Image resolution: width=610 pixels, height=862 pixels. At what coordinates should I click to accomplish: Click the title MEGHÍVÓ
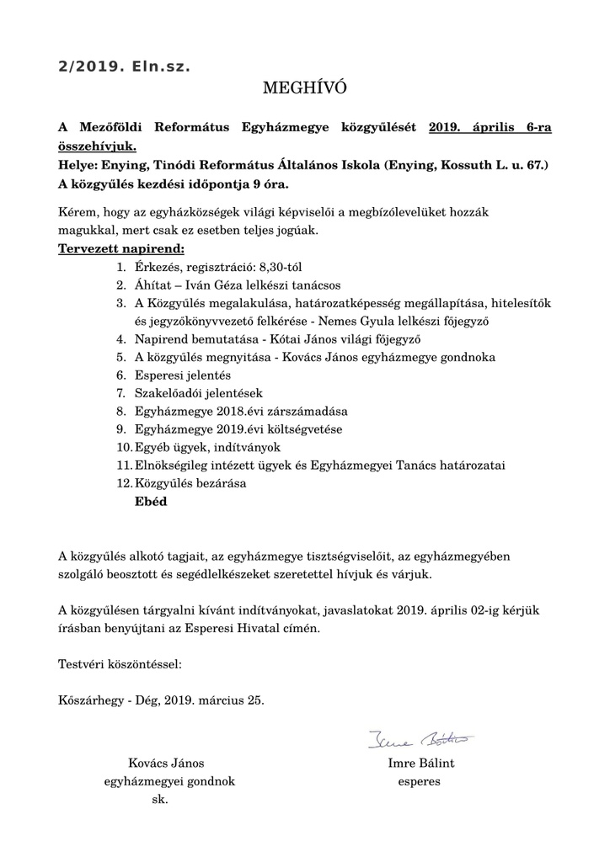click(305, 88)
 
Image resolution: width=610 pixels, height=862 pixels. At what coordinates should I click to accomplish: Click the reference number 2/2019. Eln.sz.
click(124, 66)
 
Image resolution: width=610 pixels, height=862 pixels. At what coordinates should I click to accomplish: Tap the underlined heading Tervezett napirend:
click(120, 248)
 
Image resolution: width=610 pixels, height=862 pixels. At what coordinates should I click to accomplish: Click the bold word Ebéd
click(151, 502)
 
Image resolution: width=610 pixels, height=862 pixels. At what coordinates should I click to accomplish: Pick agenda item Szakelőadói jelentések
click(199, 393)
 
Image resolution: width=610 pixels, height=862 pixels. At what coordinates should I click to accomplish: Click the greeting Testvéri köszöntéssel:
click(120, 664)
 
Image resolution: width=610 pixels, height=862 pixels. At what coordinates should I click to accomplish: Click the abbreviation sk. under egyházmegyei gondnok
click(160, 799)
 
